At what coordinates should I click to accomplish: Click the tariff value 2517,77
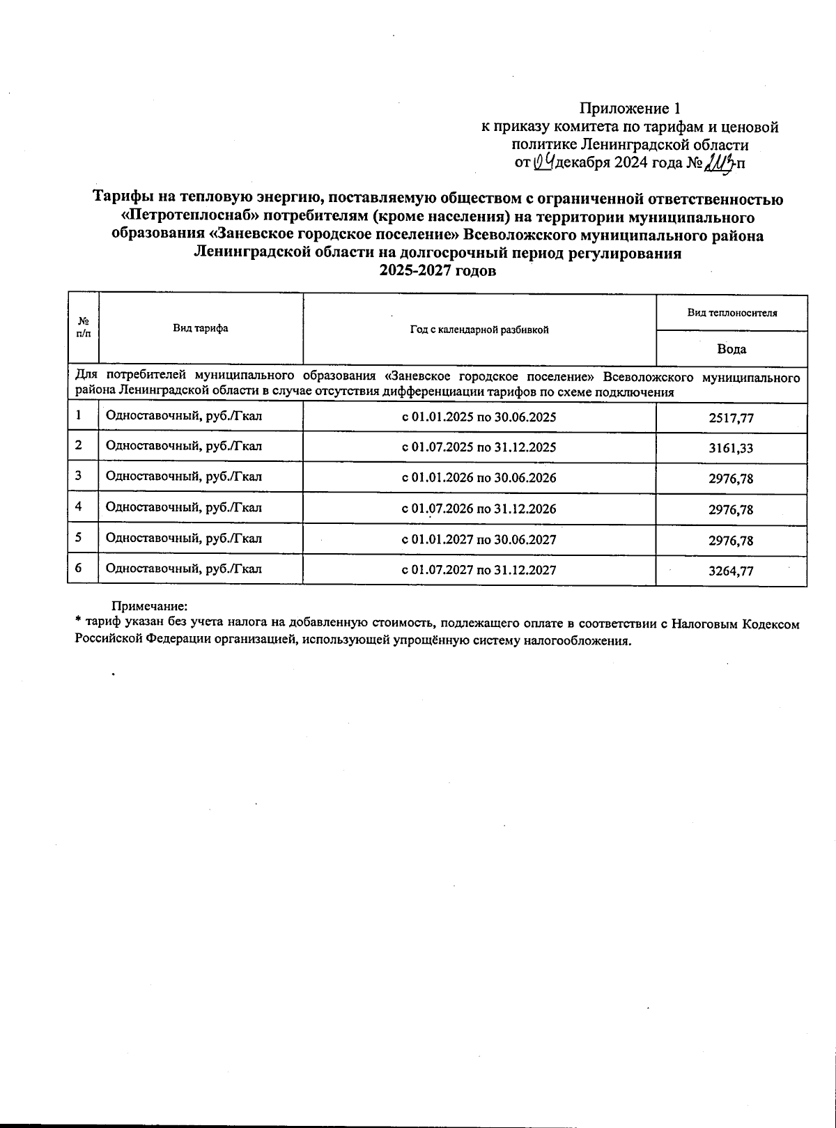pyautogui.click(x=731, y=418)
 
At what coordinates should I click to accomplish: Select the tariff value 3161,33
pyautogui.click(x=731, y=449)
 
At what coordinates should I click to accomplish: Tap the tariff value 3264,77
pyautogui.click(x=731, y=571)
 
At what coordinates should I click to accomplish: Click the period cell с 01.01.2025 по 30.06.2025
pyautogui.click(x=479, y=417)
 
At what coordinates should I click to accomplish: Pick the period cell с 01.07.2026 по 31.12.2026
pyautogui.click(x=479, y=509)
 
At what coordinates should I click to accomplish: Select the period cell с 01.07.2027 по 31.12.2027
pyautogui.click(x=479, y=570)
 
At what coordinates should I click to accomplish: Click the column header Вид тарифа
pyautogui.click(x=201, y=328)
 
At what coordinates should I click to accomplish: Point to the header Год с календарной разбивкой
pyautogui.click(x=479, y=329)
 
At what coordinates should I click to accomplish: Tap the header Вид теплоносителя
pyautogui.click(x=731, y=312)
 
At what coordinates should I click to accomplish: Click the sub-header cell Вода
pyautogui.click(x=731, y=349)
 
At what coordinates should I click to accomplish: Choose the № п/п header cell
pyautogui.click(x=83, y=328)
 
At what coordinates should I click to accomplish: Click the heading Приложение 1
pyautogui.click(x=629, y=109)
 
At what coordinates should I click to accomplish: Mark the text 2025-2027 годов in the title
pyautogui.click(x=438, y=272)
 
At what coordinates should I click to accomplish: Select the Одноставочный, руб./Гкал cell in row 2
pyautogui.click(x=184, y=446)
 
